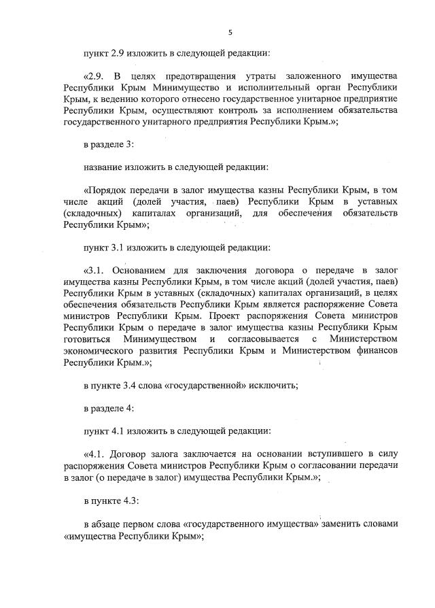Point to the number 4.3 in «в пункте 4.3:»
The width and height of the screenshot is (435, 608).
[x=126, y=501]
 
